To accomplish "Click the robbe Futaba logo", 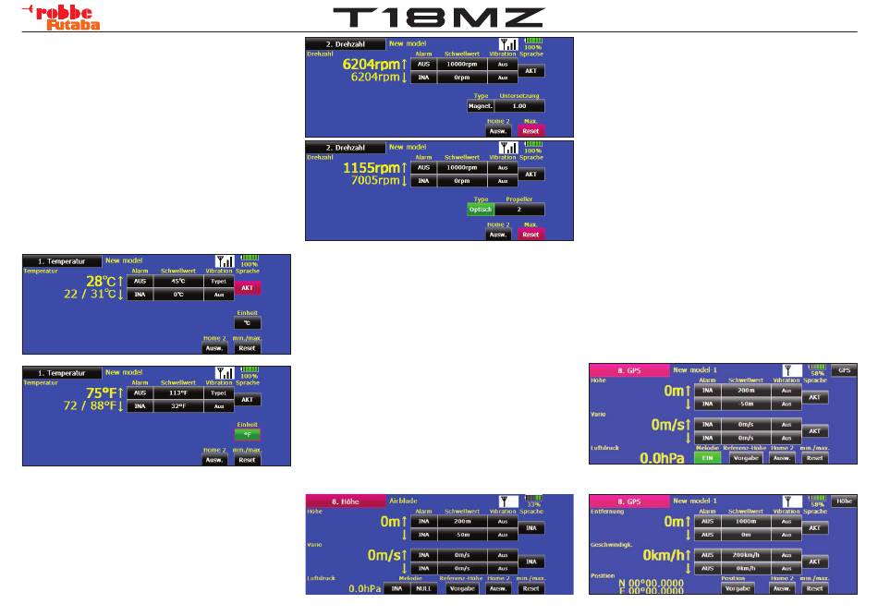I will coord(55,16).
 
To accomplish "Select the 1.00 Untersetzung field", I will coord(519,106).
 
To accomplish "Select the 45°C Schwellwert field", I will coord(175,281).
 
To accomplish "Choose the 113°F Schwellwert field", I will coord(175,392).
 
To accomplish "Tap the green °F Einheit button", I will coord(247,433).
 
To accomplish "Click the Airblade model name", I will coord(403,501).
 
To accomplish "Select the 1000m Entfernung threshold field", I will coord(744,521).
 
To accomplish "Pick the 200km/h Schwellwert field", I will coord(744,555).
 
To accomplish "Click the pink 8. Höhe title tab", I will coord(345,501).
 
